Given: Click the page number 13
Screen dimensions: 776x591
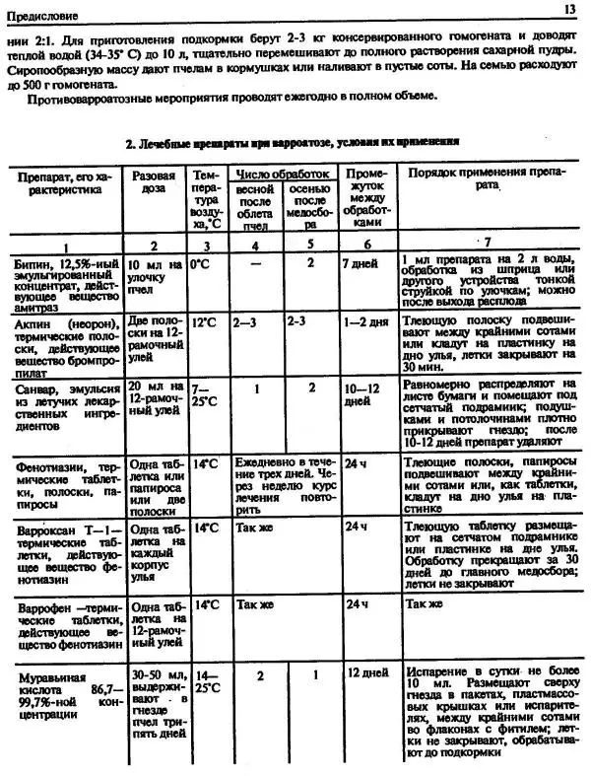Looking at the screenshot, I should (x=570, y=9).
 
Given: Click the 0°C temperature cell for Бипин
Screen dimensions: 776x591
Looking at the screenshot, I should (x=201, y=264).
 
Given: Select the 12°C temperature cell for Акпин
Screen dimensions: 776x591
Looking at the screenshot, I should (x=204, y=321).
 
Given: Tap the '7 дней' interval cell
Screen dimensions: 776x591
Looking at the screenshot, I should (x=361, y=264).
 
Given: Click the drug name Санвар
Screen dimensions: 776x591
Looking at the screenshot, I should (x=34, y=389).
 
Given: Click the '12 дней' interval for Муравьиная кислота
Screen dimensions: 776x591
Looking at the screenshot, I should (x=363, y=672).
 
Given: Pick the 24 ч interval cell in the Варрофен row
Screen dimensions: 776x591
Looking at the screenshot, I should (x=357, y=604).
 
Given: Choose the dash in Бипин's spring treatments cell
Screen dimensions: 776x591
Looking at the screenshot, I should (x=255, y=264).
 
